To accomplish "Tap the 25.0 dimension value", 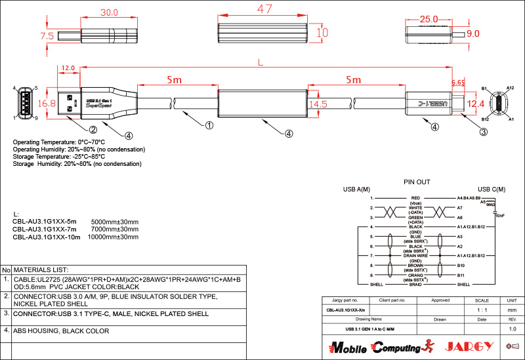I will (429, 20).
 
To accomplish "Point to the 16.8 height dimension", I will (47, 104).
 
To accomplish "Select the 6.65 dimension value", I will (458, 83).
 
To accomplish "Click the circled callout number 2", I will (93, 130).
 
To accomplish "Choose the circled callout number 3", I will (484, 131).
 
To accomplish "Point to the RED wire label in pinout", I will (415, 197).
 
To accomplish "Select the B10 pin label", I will (461, 266).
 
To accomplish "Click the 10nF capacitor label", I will (499, 215).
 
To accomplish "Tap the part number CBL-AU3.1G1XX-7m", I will (44, 230).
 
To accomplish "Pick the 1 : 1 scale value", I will (482, 310).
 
